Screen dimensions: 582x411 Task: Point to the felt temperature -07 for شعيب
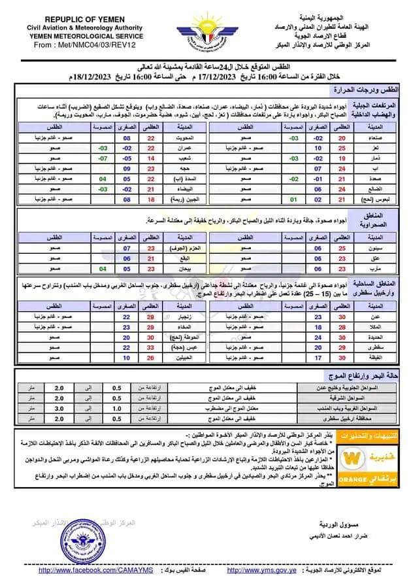click(x=103, y=158)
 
